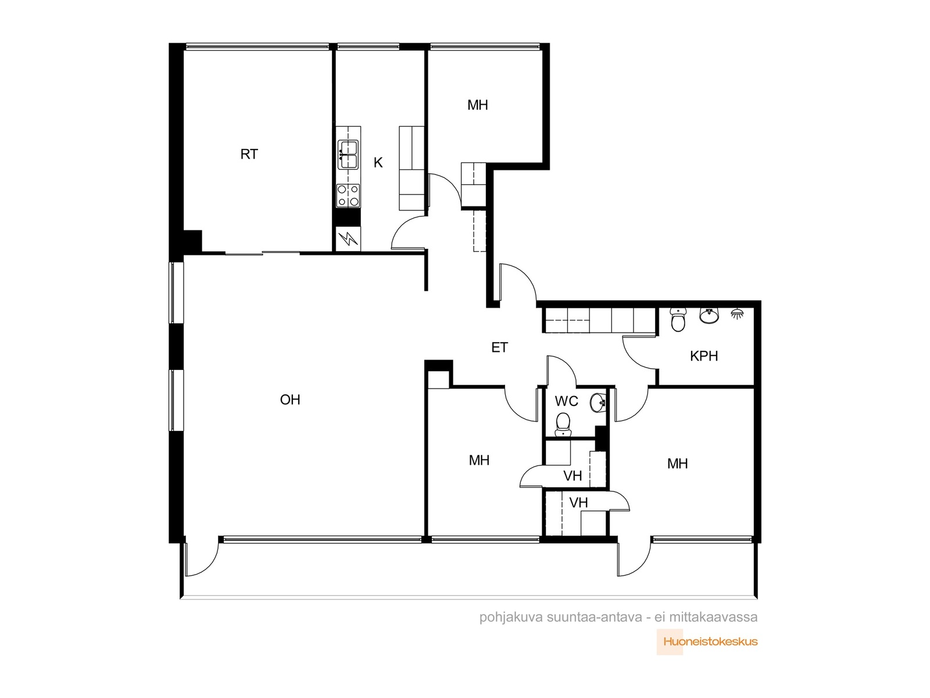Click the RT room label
(x=249, y=154)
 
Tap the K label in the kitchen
(x=378, y=162)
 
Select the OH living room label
(x=290, y=400)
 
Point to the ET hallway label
(x=499, y=347)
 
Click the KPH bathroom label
(x=704, y=356)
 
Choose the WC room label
(x=567, y=401)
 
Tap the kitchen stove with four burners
(x=348, y=196)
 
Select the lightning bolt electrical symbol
(x=348, y=239)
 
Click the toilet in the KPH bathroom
(x=678, y=320)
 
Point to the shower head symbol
(x=738, y=313)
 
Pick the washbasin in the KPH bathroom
(x=709, y=315)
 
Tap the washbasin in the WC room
(x=598, y=402)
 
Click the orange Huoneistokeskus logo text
(x=710, y=642)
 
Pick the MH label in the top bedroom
(x=478, y=105)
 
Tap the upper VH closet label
(x=573, y=476)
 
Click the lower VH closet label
(x=578, y=503)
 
